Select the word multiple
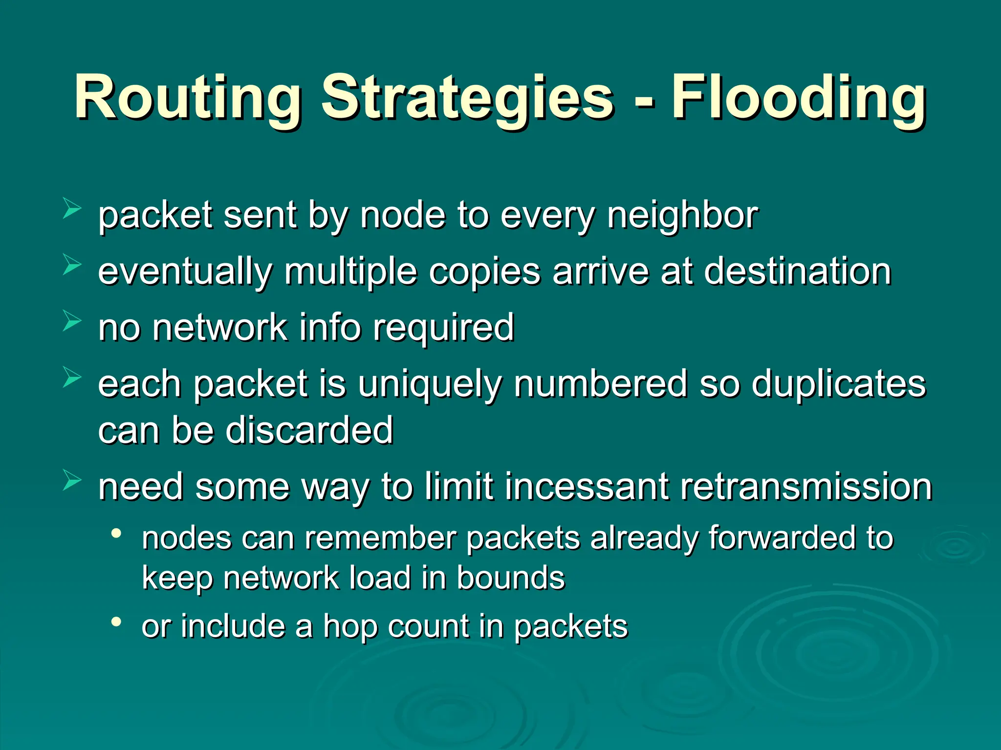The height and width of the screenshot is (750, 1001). click(350, 272)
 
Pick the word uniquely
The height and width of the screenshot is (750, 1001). click(429, 385)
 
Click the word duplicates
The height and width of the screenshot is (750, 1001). click(838, 384)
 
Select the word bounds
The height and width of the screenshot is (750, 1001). click(510, 578)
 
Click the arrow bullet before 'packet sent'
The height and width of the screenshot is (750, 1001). click(72, 209)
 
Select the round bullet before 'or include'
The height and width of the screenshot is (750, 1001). click(116, 622)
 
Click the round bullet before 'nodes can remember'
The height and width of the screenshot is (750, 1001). click(116, 533)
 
